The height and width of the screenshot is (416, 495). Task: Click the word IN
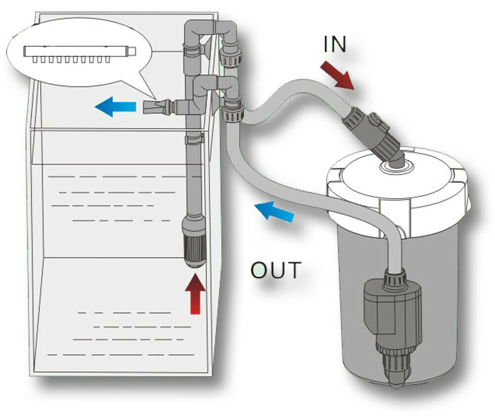pos(335,45)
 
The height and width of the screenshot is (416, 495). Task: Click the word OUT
pos(275,270)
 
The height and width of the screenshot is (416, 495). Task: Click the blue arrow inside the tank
pos(116,106)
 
